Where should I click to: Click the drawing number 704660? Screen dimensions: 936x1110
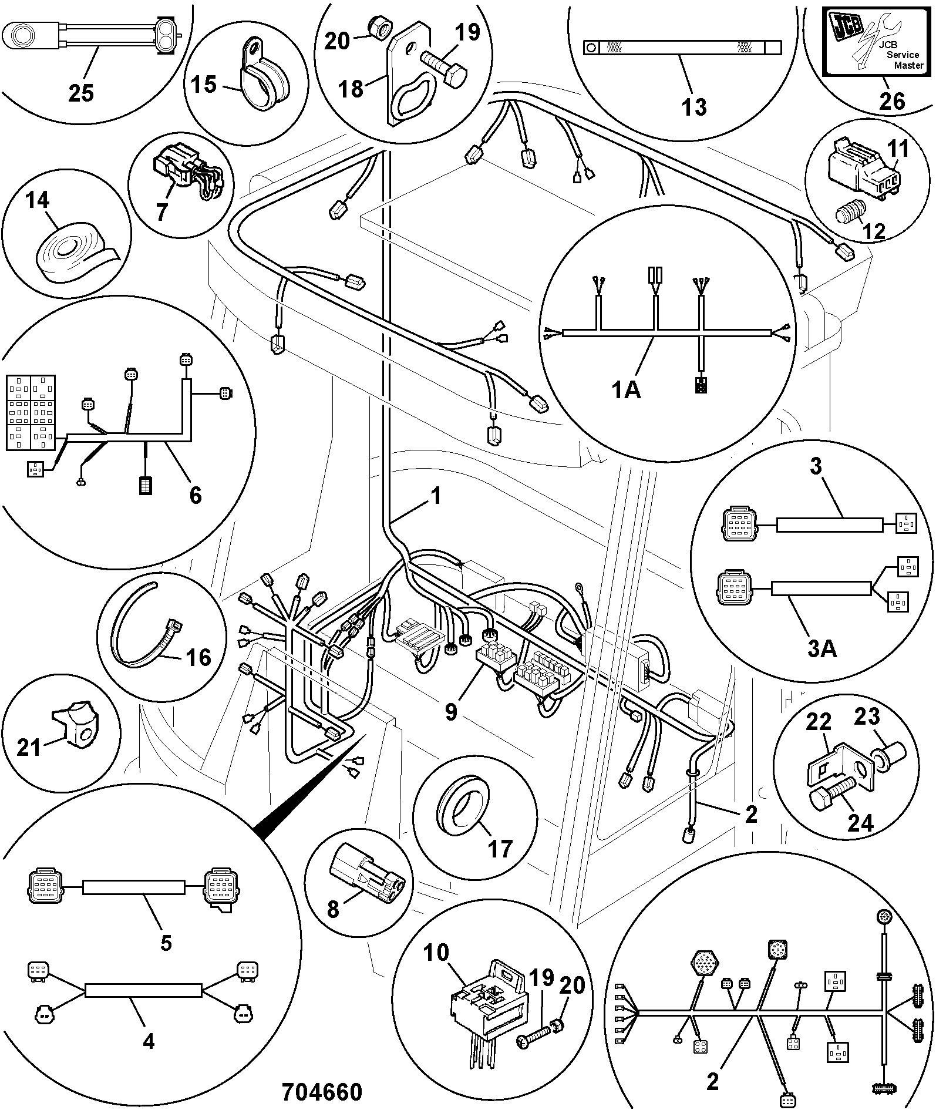pyautogui.click(x=322, y=1092)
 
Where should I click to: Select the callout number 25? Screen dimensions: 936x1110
pyautogui.click(x=81, y=92)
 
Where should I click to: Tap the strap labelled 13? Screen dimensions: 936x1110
pyautogui.click(x=682, y=48)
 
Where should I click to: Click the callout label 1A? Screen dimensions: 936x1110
pyautogui.click(x=626, y=389)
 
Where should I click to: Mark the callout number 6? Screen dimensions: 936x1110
pyautogui.click(x=196, y=495)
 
